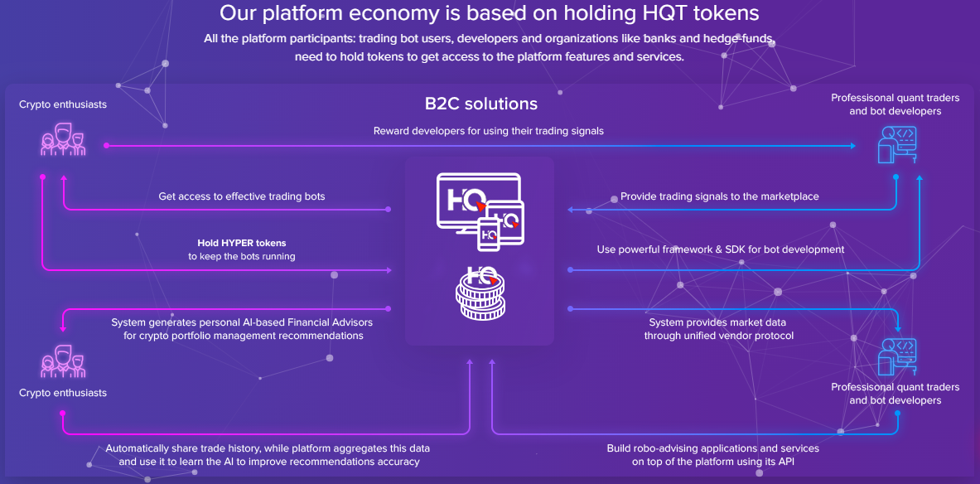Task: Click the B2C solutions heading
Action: point(481,104)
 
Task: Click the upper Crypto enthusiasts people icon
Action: point(63,139)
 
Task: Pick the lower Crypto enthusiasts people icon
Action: point(63,360)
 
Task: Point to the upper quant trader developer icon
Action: point(897,143)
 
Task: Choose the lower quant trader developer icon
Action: point(897,356)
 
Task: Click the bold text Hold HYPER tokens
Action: point(241,244)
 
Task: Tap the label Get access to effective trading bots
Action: point(242,197)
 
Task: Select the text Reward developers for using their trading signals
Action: point(488,131)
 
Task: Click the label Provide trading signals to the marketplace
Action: point(719,197)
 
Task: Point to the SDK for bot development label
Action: point(721,249)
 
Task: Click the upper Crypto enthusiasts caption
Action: point(63,105)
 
